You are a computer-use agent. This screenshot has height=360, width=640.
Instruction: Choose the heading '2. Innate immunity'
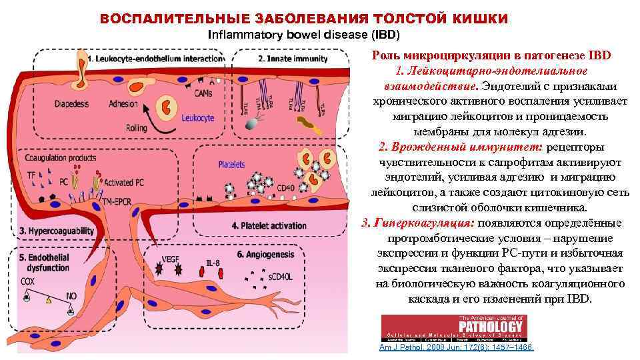293,59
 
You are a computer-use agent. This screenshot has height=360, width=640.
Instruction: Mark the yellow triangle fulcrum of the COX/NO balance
48,301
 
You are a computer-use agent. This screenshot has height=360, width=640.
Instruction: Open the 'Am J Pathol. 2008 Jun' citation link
457,348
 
